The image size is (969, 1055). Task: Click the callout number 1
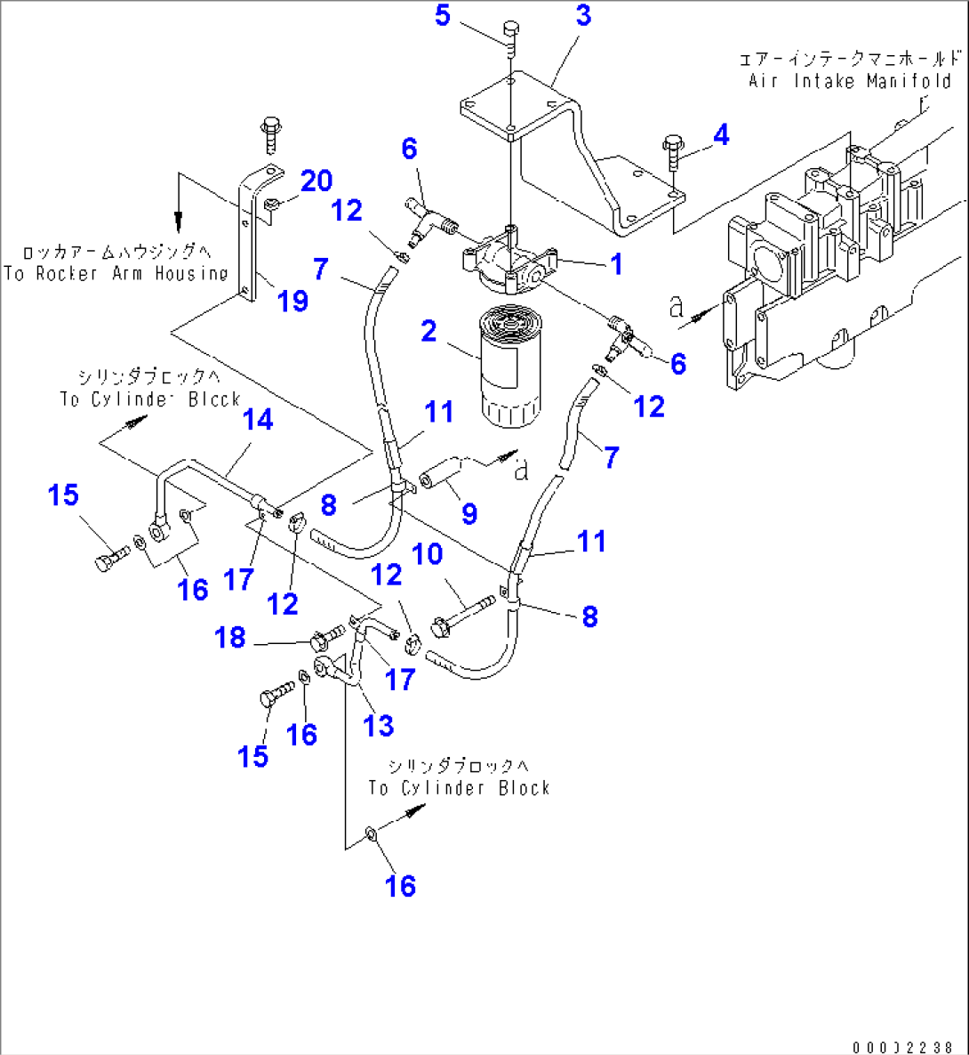coord(614,264)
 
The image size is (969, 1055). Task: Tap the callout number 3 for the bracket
coord(582,16)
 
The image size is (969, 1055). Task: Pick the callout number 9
coord(469,513)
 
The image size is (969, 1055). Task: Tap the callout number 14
coord(259,420)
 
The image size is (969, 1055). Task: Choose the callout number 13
coord(379,725)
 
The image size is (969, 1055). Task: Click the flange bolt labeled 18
coord(328,637)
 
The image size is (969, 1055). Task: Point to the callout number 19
coord(292,301)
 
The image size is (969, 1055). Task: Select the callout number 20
coord(316,181)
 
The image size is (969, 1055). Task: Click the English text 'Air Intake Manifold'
coord(850,81)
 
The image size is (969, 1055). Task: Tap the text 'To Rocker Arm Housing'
coord(116,274)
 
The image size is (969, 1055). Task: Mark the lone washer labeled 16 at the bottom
coord(371,834)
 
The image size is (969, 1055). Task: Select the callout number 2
coord(428,332)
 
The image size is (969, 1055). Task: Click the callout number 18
coord(230,638)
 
